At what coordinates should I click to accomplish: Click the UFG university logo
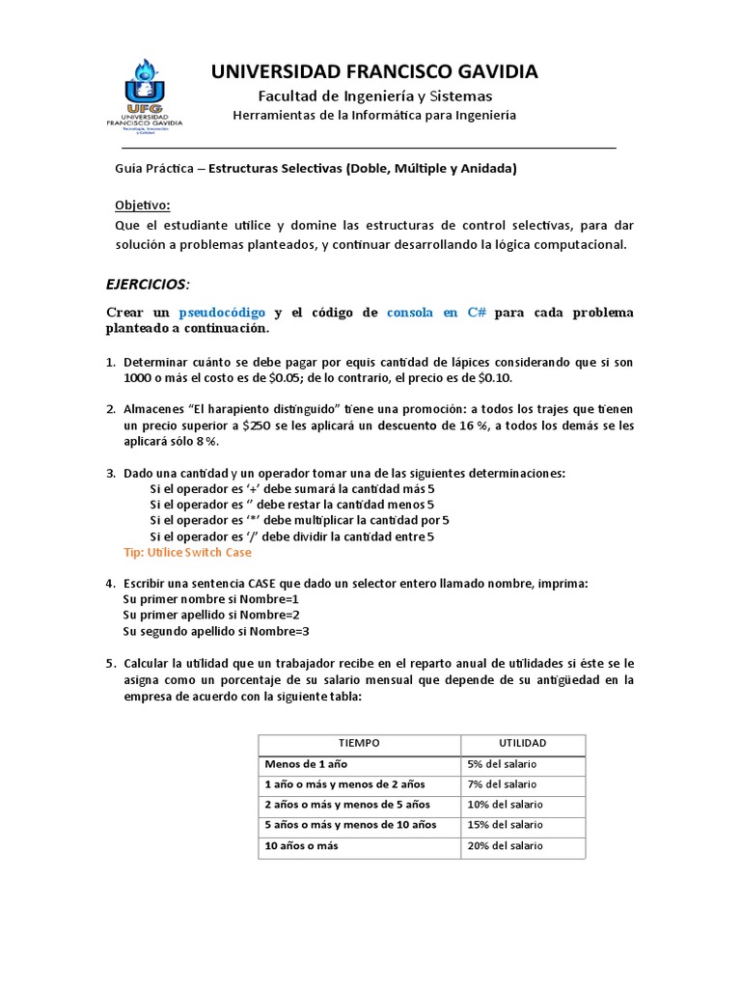(144, 95)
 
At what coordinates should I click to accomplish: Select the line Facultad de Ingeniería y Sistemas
(374, 96)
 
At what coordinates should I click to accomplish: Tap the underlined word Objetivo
(142, 206)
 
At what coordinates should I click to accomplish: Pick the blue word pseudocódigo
(223, 313)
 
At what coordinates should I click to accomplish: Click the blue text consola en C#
(436, 313)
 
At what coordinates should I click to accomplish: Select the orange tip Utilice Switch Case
(188, 553)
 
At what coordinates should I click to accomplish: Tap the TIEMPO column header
(358, 743)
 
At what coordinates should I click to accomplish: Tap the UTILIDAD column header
(522, 743)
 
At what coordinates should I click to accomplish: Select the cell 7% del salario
(503, 783)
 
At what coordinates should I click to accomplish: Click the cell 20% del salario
(506, 845)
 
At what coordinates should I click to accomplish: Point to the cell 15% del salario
(506, 825)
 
